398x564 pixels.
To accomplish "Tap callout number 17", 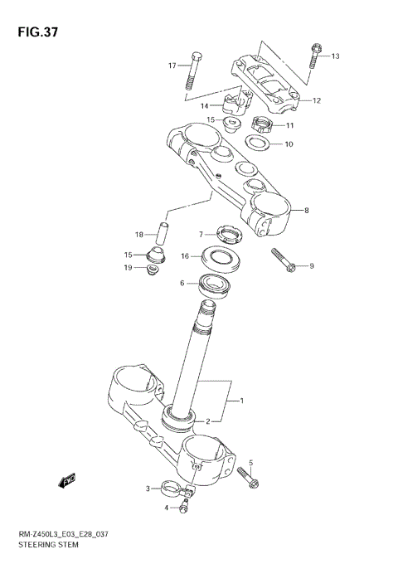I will point(172,66).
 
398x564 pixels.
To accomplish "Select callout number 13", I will point(336,56).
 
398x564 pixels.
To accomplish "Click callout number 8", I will point(306,211).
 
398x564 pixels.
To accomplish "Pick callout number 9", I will point(312,266).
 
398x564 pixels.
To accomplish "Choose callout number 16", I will point(186,256).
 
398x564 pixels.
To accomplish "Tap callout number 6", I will point(182,283).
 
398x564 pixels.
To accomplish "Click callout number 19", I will point(129,267).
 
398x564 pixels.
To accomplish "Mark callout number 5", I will point(250,463).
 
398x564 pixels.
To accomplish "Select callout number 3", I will point(148,489).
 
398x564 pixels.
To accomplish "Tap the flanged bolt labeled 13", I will point(316,56).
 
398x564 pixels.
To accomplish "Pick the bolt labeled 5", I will point(248,476).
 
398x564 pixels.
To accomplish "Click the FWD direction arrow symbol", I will point(67,481).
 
